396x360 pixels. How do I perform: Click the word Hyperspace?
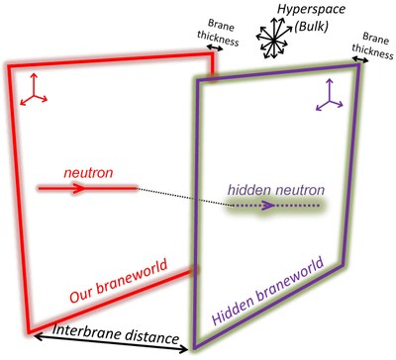311,9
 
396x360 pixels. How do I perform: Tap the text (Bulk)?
311,27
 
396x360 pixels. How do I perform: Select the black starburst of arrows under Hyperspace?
273,39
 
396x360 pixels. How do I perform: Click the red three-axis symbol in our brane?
34,90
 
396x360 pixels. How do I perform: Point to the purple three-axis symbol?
329,95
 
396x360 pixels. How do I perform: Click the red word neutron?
88,172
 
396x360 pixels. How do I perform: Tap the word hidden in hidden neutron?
249,190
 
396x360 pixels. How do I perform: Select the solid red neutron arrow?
87,188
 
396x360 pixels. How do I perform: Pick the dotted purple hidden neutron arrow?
274,206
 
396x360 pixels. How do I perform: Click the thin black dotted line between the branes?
183,197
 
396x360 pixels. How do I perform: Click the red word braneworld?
132,277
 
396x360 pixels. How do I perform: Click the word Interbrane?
86,332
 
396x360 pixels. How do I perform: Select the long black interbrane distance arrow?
111,343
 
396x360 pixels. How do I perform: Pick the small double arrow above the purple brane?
360,59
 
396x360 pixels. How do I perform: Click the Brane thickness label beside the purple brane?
373,46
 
